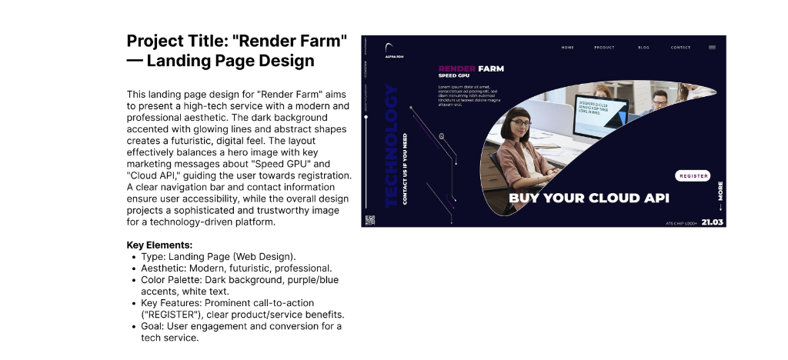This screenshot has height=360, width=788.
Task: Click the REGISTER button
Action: [693, 176]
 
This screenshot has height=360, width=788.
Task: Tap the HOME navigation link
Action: [567, 48]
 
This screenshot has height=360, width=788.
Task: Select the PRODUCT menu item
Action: [604, 48]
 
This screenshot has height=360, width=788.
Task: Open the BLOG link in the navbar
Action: [643, 48]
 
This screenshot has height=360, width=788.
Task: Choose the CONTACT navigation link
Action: [680, 48]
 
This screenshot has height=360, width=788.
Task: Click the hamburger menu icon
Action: [712, 48]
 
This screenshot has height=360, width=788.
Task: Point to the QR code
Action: [369, 220]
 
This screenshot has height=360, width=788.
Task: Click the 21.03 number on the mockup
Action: [712, 222]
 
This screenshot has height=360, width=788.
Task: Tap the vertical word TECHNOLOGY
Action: [391, 146]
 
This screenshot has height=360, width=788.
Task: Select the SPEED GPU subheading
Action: [453, 76]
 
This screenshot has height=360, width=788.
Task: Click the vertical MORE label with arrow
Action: [720, 195]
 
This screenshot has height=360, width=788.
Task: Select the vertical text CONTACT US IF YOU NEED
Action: [406, 169]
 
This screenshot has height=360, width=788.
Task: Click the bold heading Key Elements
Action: [159, 245]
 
